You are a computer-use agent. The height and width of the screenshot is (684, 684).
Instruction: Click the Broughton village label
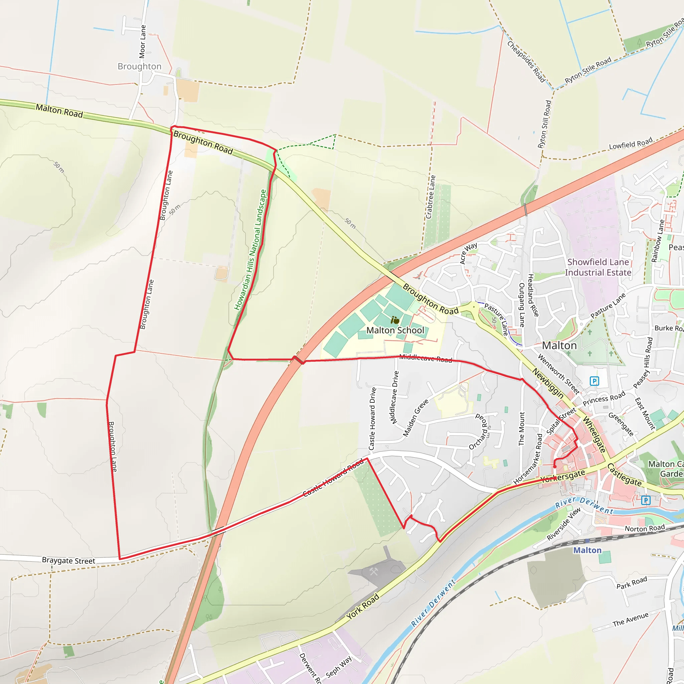[x=140, y=66]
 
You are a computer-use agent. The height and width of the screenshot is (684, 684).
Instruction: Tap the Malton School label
[x=395, y=330]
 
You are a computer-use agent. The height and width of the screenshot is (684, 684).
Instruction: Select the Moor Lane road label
[x=142, y=41]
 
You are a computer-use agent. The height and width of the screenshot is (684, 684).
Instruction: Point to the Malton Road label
[x=59, y=111]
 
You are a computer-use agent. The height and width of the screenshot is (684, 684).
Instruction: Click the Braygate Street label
[x=68, y=560]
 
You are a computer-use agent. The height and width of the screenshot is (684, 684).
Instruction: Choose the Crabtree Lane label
[x=431, y=197]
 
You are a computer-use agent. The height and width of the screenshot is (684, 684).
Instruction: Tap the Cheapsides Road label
[x=526, y=61]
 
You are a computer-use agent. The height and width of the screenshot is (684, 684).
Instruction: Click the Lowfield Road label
[x=631, y=144]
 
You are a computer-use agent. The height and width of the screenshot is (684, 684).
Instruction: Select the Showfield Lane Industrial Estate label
[x=598, y=267]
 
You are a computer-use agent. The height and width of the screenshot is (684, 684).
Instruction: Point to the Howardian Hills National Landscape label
[x=250, y=250]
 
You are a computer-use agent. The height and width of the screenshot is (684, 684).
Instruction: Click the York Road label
[x=362, y=606]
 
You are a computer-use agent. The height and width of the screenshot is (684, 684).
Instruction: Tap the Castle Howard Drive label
[x=372, y=418]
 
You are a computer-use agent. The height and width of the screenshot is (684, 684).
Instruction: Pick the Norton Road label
[x=645, y=529]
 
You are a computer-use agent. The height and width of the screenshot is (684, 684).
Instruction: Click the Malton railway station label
[x=587, y=550]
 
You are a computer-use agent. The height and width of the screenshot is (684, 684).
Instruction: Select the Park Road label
[x=632, y=582]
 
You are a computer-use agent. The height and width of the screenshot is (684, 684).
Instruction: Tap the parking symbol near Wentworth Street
[x=594, y=381]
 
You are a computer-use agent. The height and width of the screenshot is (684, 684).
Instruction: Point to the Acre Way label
[x=468, y=253]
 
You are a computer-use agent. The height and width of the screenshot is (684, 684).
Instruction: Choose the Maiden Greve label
[x=415, y=418]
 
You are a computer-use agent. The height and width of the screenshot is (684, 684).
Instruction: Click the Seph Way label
[x=338, y=667]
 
